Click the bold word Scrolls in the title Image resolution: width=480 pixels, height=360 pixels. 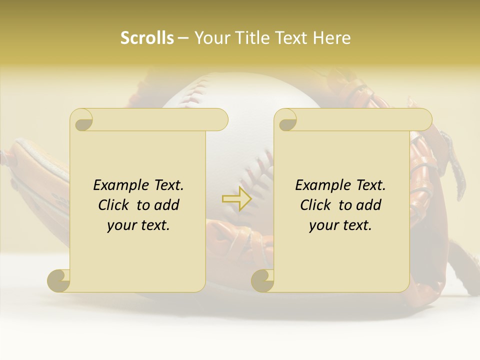coord(147,38)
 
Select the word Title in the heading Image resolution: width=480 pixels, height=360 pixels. coord(249,38)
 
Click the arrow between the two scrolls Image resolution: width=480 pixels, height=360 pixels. coord(236,198)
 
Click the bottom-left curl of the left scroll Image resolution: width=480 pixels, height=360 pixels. coord(58,280)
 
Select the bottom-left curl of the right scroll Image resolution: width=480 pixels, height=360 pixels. coord(262,280)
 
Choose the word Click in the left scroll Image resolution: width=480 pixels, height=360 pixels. coord(114,205)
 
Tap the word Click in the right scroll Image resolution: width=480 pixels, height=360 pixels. coord(316,205)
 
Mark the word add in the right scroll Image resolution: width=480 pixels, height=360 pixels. coord(368,205)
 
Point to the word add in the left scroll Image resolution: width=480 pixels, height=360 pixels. coord(166,205)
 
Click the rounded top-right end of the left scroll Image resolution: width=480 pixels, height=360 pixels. coord(220,119)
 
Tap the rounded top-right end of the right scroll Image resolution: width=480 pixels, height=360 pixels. coord(424,119)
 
